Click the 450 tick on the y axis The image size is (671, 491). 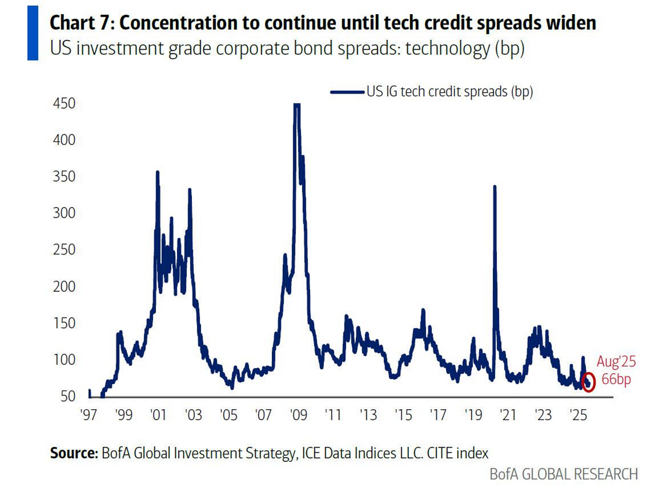tap(64, 103)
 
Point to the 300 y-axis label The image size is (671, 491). tap(64, 213)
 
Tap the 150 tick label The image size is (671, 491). tap(64, 323)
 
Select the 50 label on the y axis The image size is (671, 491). tap(68, 396)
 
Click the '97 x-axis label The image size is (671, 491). tap(88, 415)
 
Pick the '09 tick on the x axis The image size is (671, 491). tap(298, 415)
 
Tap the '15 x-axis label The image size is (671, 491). tap(403, 415)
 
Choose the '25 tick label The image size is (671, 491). tap(578, 415)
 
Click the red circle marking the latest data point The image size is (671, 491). tap(588, 382)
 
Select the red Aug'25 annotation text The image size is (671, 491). tap(616, 361)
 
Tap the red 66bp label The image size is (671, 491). tap(616, 379)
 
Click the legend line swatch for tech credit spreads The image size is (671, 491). tap(347, 92)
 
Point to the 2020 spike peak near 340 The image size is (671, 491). tap(494, 187)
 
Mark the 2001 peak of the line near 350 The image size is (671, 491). tap(158, 172)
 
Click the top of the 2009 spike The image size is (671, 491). tap(296, 105)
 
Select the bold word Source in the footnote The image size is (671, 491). tap(74, 453)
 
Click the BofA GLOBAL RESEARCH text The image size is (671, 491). tap(563, 474)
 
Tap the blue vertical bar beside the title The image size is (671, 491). tap(32, 33)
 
